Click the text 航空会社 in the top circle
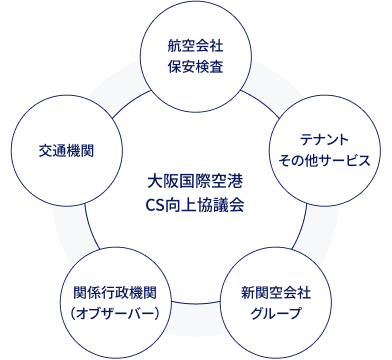pos(195,47)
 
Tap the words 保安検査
pos(195,67)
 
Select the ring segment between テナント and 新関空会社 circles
pos(312,230)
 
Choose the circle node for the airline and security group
pos(195,57)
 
